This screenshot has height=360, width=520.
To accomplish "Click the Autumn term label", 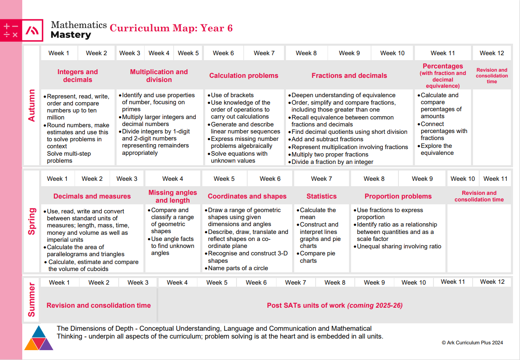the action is [32, 105].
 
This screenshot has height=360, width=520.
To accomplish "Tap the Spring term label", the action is [32, 221].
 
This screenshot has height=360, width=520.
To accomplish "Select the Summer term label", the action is [32, 299].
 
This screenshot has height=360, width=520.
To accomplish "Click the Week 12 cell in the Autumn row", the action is [492, 53].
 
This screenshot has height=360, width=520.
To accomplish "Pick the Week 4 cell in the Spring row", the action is [173, 179].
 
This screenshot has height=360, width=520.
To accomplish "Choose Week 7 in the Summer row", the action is [295, 283].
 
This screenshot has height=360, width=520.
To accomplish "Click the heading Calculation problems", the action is [244, 75].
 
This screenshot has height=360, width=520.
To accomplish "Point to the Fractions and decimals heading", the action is [349, 75].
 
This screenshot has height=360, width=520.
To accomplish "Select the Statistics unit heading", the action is [321, 196].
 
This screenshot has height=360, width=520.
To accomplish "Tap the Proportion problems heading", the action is [398, 196].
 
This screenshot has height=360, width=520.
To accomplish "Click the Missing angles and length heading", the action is [173, 196].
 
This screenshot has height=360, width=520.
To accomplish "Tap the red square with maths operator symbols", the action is [11, 30].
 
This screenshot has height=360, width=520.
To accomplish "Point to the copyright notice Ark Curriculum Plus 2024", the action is [472, 343].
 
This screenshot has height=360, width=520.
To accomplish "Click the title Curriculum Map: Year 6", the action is [171, 28].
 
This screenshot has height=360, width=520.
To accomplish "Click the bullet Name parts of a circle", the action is [237, 268].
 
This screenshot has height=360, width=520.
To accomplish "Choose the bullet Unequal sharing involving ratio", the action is [397, 246].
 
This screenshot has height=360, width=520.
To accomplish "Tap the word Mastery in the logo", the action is [71, 35].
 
